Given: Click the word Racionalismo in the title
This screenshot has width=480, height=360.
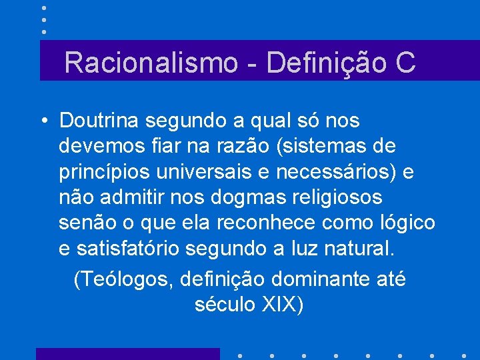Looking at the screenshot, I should pyautogui.click(x=151, y=63).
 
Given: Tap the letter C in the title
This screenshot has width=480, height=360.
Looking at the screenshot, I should pyautogui.click(x=405, y=63).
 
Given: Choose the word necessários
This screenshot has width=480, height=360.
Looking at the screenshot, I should pyautogui.click(x=351, y=171).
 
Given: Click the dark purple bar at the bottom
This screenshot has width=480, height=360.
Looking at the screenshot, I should pyautogui.click(x=127, y=353).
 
